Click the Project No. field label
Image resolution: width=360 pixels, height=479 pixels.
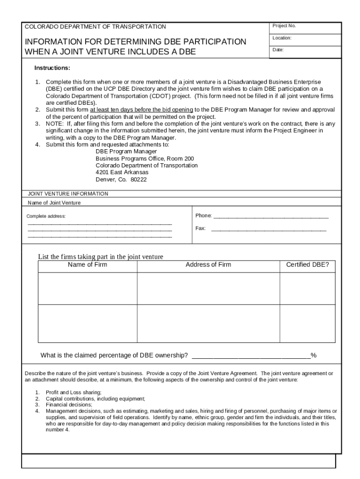click(285, 26)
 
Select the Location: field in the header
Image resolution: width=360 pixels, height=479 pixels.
click(282, 38)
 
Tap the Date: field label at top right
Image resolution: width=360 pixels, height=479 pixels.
click(279, 50)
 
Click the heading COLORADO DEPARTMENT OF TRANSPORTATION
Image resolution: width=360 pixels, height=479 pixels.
click(95, 27)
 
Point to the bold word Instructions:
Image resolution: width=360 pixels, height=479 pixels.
click(52, 68)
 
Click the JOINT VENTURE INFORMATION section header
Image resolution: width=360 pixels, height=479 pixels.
click(68, 194)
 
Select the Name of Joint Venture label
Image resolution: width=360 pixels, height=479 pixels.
click(54, 203)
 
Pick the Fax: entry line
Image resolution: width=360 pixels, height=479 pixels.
click(268, 229)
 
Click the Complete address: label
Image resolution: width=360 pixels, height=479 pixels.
click(46, 216)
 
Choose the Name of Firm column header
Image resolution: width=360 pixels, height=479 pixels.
click(87, 265)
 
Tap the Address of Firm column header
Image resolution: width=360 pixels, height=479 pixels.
click(208, 265)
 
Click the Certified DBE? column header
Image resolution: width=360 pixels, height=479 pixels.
click(307, 265)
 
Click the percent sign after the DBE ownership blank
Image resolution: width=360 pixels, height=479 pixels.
click(314, 356)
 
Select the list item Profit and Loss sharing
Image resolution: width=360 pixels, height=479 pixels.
click(73, 392)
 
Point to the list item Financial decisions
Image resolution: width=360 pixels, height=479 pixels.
click(65, 404)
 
